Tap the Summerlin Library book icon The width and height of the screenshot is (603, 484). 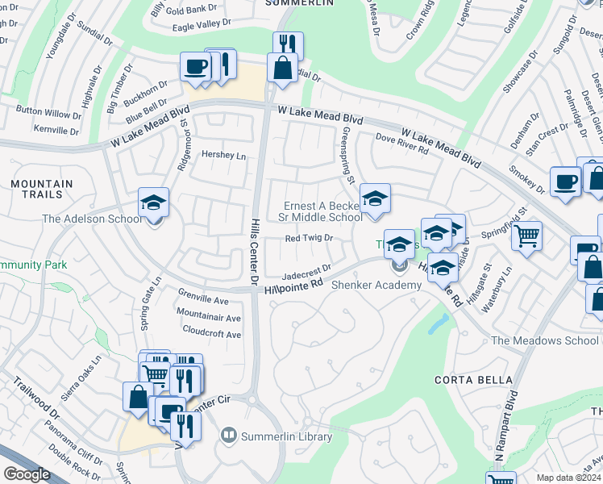pyautogui.click(x=229, y=436)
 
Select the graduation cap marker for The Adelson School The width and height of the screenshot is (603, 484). pyautogui.click(x=153, y=203)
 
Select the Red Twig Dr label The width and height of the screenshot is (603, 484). pyautogui.click(x=310, y=239)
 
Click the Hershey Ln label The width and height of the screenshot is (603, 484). pyautogui.click(x=223, y=155)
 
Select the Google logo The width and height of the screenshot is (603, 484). pyautogui.click(x=27, y=474)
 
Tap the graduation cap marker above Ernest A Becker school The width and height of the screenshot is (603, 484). pyautogui.click(x=375, y=200)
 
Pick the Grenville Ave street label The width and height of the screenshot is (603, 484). pyautogui.click(x=203, y=301)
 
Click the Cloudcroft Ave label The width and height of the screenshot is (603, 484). pyautogui.click(x=212, y=333)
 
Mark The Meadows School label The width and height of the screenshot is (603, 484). pyautogui.click(x=546, y=340)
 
